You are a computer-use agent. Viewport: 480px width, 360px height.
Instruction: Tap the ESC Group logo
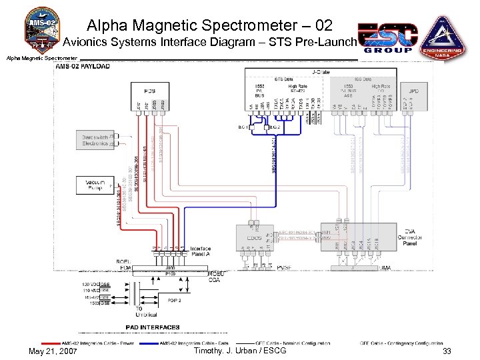[x=387, y=39]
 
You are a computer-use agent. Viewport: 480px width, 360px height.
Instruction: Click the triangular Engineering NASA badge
[x=440, y=36]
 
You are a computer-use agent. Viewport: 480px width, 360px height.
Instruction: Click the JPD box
[x=415, y=89]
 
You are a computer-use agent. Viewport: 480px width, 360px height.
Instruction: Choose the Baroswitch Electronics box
[x=95, y=140]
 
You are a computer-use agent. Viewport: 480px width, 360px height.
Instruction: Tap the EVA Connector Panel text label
[x=410, y=236]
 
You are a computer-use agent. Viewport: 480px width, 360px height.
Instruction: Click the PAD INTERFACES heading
[x=153, y=327]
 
